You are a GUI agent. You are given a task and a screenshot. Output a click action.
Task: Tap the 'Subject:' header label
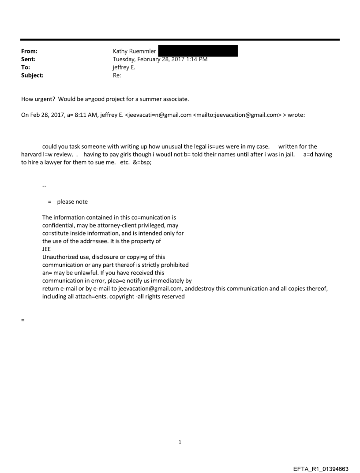(x=32, y=75)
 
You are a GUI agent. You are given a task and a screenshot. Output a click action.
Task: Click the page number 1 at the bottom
(x=180, y=442)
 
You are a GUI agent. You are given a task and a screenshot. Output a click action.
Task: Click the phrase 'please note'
(x=72, y=202)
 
